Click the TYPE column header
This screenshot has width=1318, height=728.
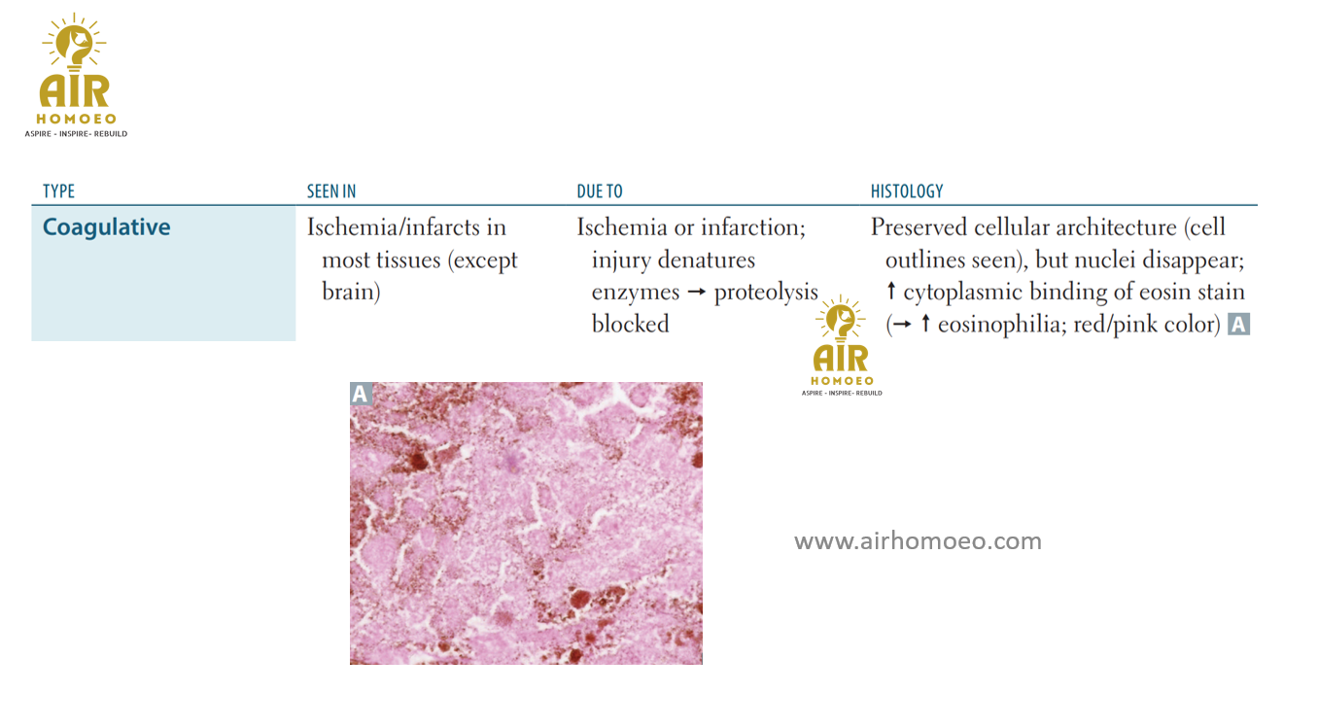click(59, 191)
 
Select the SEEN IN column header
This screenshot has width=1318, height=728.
click(331, 191)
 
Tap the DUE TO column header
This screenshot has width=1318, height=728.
click(600, 191)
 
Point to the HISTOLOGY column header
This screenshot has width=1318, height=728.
click(907, 191)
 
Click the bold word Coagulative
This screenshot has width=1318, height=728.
click(107, 227)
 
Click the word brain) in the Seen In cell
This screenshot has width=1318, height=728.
click(351, 292)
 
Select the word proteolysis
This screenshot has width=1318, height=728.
click(766, 293)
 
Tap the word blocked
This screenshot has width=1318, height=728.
click(630, 325)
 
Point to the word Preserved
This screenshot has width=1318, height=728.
click(919, 227)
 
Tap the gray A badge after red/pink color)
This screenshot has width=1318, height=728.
click(1238, 325)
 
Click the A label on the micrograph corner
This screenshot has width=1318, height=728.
click(361, 393)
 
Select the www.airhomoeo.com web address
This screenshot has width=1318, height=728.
click(918, 540)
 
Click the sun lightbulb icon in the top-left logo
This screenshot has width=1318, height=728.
click(74, 40)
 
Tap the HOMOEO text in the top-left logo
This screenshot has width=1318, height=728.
click(77, 119)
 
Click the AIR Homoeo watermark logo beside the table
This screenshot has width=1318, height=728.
click(842, 345)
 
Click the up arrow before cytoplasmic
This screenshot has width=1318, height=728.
click(891, 291)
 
